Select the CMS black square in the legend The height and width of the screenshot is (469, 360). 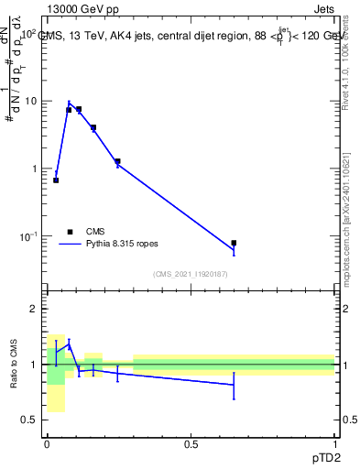[69, 232]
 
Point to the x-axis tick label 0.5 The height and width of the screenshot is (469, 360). [191, 443]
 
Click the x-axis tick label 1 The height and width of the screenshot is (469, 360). [335, 443]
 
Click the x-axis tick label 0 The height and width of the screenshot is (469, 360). [47, 443]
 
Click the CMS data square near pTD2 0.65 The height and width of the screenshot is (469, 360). [234, 244]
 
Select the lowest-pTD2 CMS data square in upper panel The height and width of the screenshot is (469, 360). [56, 180]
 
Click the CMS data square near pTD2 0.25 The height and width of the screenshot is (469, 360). [118, 161]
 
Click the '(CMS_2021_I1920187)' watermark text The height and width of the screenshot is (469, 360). [191, 273]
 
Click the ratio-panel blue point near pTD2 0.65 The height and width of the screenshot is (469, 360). [234, 385]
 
